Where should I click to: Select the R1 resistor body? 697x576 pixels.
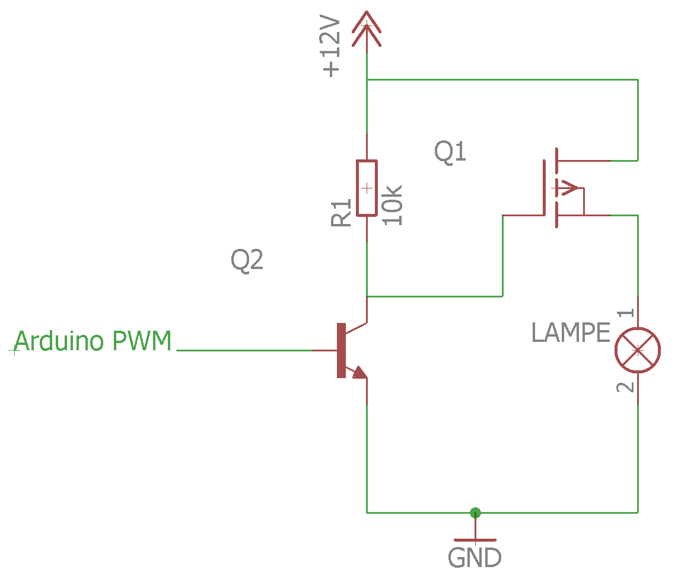coord(367,188)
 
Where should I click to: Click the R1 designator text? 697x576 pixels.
coord(342,213)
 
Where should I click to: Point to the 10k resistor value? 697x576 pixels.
coord(393,205)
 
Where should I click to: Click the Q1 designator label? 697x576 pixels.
coord(450,152)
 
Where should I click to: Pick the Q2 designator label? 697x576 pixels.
coord(247,260)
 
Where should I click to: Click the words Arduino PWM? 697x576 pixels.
coord(93,342)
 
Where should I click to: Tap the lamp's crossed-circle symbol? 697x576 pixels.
coord(638,350)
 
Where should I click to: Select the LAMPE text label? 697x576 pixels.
coord(571,333)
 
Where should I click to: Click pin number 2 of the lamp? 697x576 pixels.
coord(625,388)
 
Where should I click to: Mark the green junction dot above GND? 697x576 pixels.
coord(475,513)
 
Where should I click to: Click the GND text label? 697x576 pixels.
coord(475,558)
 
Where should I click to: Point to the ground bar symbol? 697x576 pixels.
coord(475,540)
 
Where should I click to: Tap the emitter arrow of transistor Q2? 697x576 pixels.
coord(359,372)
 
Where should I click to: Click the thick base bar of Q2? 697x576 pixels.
coord(341,350)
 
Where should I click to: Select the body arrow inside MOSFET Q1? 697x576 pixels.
coord(568,188)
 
